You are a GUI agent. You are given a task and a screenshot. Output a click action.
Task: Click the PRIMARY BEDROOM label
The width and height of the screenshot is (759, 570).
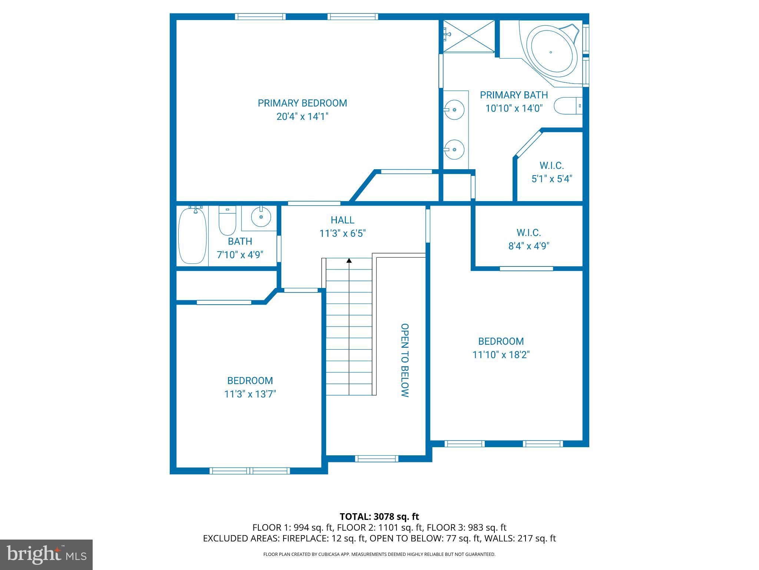point(302,103)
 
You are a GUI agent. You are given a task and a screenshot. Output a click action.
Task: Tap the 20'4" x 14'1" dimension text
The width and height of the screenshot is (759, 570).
point(302,117)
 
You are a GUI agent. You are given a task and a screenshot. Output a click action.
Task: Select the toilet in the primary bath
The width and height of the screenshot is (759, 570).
point(567,106)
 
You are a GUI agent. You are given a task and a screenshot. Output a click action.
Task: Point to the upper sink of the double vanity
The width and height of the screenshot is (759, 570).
point(454,110)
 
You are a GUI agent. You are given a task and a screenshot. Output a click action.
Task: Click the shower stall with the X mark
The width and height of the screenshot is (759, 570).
point(469,36)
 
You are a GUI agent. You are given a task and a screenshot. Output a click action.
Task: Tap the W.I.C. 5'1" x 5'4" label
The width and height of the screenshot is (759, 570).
point(551,172)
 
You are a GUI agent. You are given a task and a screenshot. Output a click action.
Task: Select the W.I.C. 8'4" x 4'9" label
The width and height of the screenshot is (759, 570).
point(529,239)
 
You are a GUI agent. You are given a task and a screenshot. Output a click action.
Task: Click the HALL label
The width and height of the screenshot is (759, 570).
point(342,220)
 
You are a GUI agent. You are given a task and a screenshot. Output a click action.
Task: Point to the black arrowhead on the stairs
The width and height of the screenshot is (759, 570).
point(349,261)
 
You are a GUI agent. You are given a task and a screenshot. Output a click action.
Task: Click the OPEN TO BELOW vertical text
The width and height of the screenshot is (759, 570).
point(405,360)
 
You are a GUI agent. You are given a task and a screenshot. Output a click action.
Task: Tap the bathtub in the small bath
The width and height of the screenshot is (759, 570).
point(192,236)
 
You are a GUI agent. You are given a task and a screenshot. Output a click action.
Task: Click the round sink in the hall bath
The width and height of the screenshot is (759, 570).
point(261,217)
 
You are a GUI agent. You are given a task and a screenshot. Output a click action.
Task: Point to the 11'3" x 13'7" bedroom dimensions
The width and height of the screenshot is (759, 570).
point(250,394)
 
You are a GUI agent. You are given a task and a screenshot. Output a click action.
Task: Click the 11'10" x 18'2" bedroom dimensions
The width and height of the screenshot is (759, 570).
point(501,355)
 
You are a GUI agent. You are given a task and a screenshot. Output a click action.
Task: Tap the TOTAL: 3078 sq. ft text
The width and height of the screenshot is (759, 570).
point(379,517)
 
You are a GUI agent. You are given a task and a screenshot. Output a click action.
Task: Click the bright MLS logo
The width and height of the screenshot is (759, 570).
point(46,555)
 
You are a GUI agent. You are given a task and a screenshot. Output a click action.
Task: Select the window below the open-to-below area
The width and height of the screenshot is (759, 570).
point(377,459)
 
